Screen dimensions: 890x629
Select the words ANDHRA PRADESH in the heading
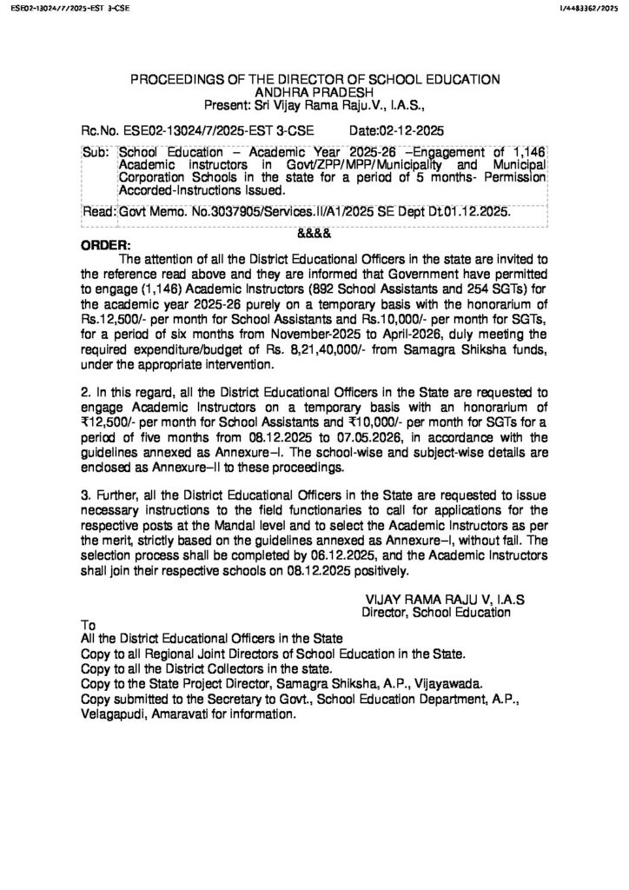tap(314, 92)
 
